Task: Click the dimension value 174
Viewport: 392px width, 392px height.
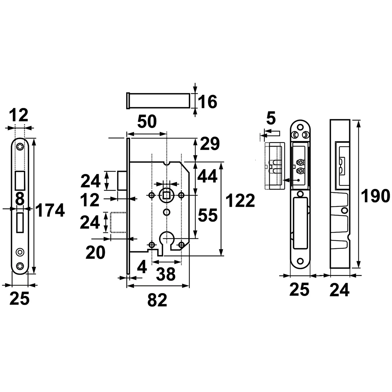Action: coord(50,210)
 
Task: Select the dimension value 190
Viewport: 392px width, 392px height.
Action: coord(375,196)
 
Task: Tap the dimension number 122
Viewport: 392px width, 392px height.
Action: coord(240,200)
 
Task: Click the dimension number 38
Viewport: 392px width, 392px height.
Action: coord(166,274)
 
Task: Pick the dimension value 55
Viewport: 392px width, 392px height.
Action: coord(208,215)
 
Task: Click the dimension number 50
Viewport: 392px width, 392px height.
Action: coord(147,122)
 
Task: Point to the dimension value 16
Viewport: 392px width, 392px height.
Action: coord(207,102)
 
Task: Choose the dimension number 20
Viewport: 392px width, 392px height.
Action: coord(95,253)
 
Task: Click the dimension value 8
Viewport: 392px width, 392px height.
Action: coord(20,199)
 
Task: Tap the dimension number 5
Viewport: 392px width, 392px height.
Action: coord(271,118)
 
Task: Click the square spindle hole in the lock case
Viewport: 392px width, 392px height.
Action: coord(166,195)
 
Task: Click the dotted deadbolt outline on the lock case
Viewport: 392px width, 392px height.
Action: coord(118,222)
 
